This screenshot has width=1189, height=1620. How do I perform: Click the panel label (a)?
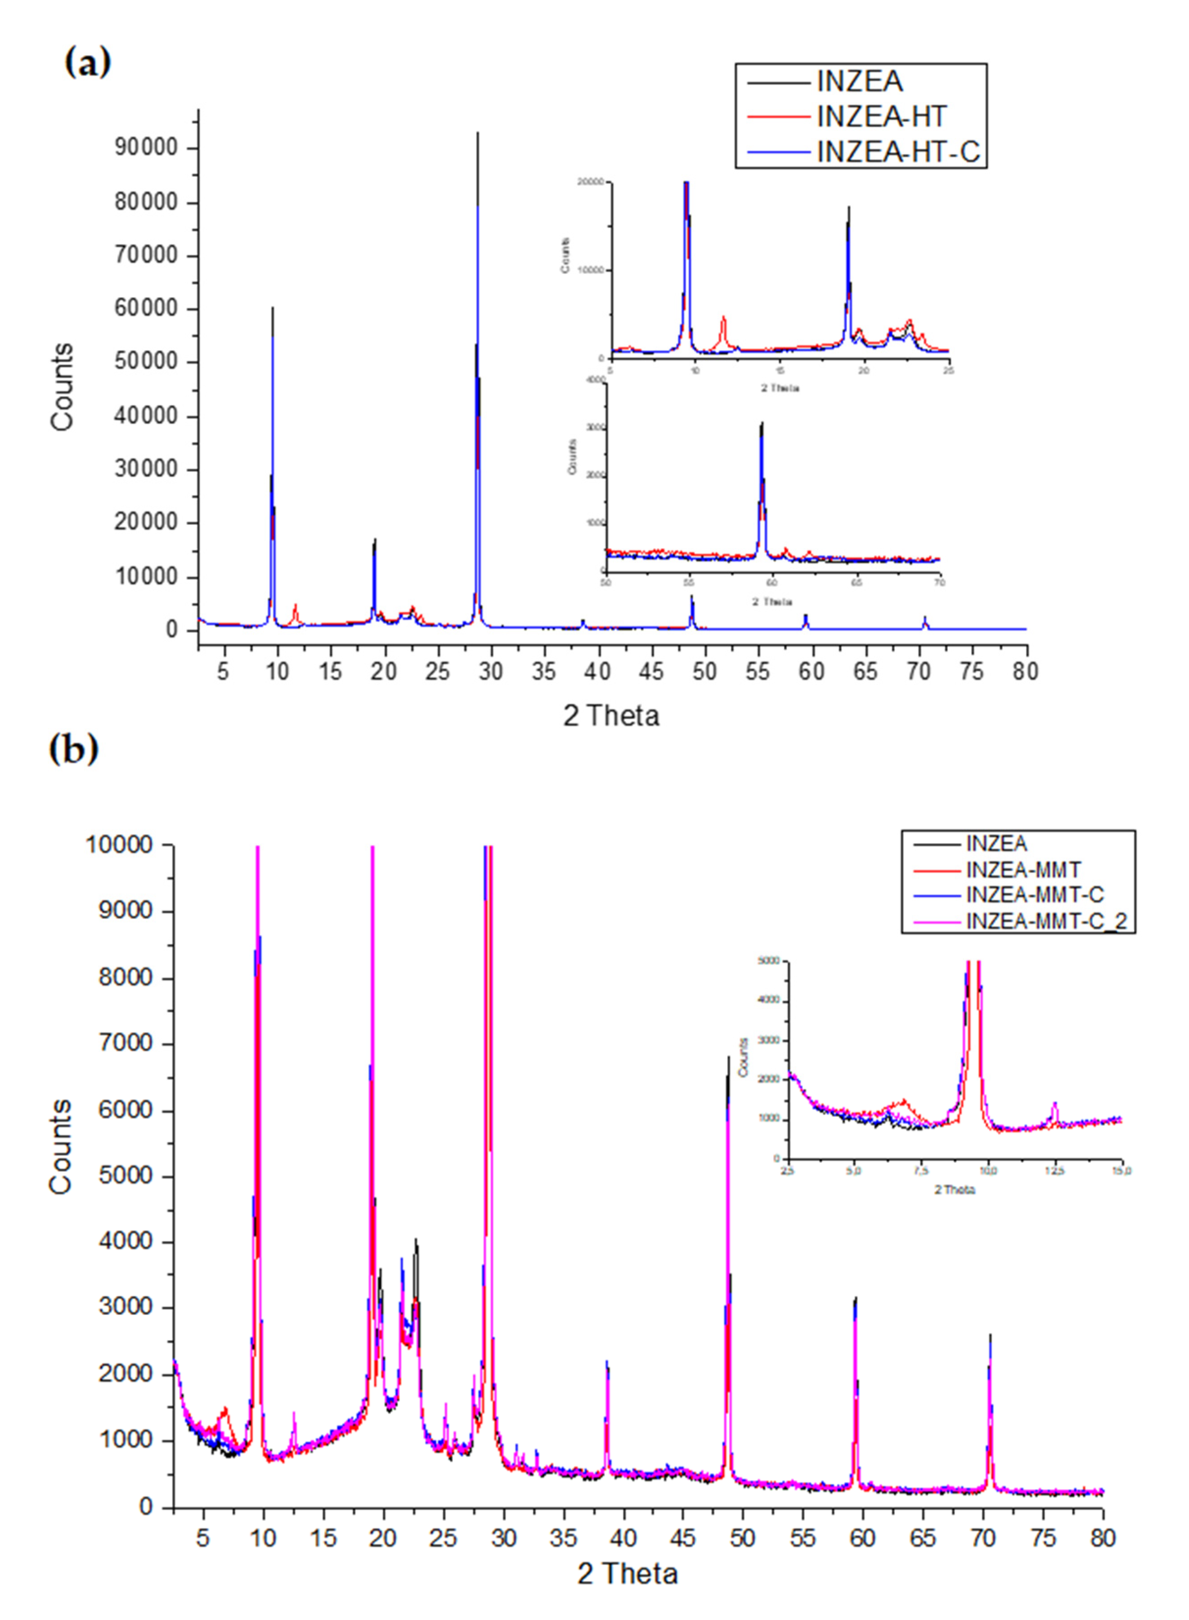point(88,63)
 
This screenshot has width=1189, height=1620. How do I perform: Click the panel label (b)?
point(73,749)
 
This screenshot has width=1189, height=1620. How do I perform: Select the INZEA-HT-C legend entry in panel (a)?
point(898,152)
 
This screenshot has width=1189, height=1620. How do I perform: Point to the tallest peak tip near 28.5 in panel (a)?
point(477,133)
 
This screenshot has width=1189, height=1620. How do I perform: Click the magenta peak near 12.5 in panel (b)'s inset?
point(1054,1103)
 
